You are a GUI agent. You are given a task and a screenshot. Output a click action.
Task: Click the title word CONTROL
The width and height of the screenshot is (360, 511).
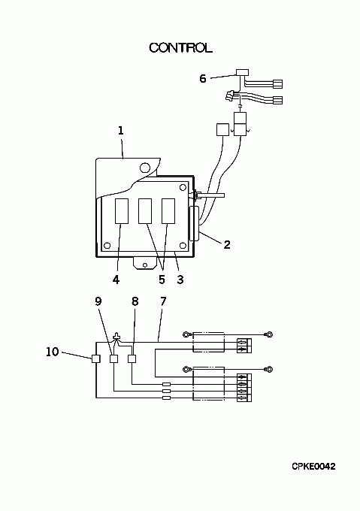[x=180, y=47]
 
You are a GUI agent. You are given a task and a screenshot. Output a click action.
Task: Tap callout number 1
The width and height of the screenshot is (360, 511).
[x=120, y=131]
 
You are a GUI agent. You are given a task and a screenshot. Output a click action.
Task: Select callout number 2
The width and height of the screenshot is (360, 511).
[x=227, y=245]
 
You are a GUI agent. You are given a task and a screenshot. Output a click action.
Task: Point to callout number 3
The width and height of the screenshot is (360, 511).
[x=180, y=280]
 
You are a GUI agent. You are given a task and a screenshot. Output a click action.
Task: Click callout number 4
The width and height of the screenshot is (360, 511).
[x=116, y=280]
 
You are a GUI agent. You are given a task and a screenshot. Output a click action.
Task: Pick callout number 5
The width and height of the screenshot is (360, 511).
[x=162, y=280]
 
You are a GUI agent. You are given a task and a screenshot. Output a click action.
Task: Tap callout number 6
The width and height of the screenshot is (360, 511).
[x=203, y=79]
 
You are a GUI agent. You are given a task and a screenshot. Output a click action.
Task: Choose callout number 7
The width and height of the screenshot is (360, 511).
[x=163, y=301]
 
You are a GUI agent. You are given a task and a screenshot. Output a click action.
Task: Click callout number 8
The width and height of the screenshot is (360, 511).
[x=135, y=301]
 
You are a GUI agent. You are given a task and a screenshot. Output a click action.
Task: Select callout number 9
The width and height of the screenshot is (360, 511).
[x=98, y=301]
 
